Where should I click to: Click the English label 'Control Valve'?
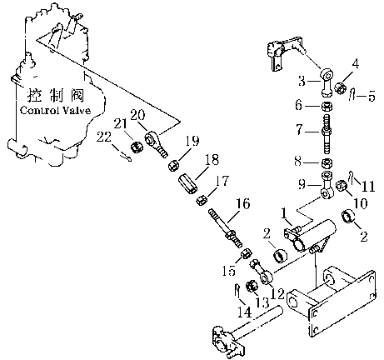pos(56,111)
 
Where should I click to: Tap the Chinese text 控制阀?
pos(56,96)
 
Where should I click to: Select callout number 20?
pos(137,115)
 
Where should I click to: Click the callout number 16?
pos(242,203)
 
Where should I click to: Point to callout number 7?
pos(299,129)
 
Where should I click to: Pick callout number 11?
pos(367,186)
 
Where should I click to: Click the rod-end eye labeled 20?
pos(157,143)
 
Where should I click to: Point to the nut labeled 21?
pos(137,147)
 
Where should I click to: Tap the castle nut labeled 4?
pos(340,88)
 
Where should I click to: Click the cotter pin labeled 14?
pos(237,290)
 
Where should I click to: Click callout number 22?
pos(104,137)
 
